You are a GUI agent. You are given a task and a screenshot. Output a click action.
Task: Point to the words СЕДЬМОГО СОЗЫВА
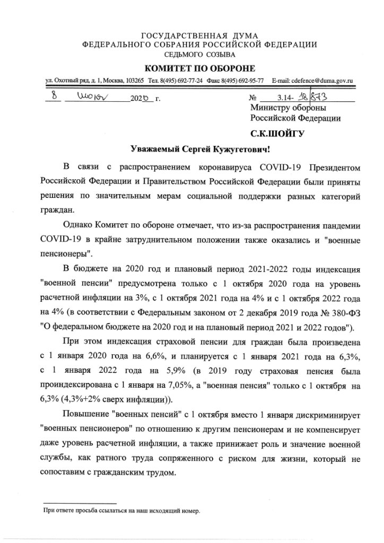tap(193, 55)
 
